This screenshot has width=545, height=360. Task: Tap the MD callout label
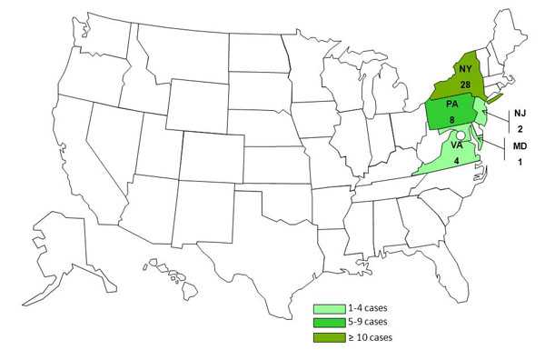tap(520, 145)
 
